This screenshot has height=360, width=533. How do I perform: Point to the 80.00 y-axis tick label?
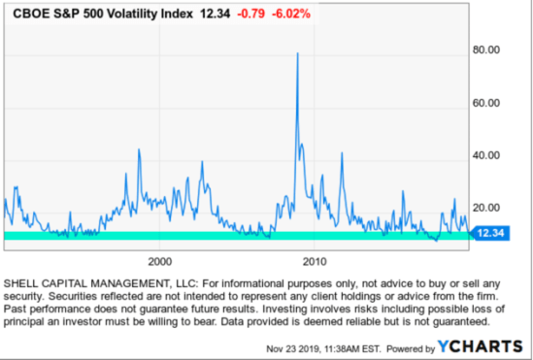click(485, 50)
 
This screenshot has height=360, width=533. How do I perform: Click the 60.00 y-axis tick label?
click(485, 103)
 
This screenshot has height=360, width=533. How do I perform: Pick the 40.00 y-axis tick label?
click(485, 155)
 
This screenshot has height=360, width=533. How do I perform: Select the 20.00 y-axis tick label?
click(485, 208)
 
